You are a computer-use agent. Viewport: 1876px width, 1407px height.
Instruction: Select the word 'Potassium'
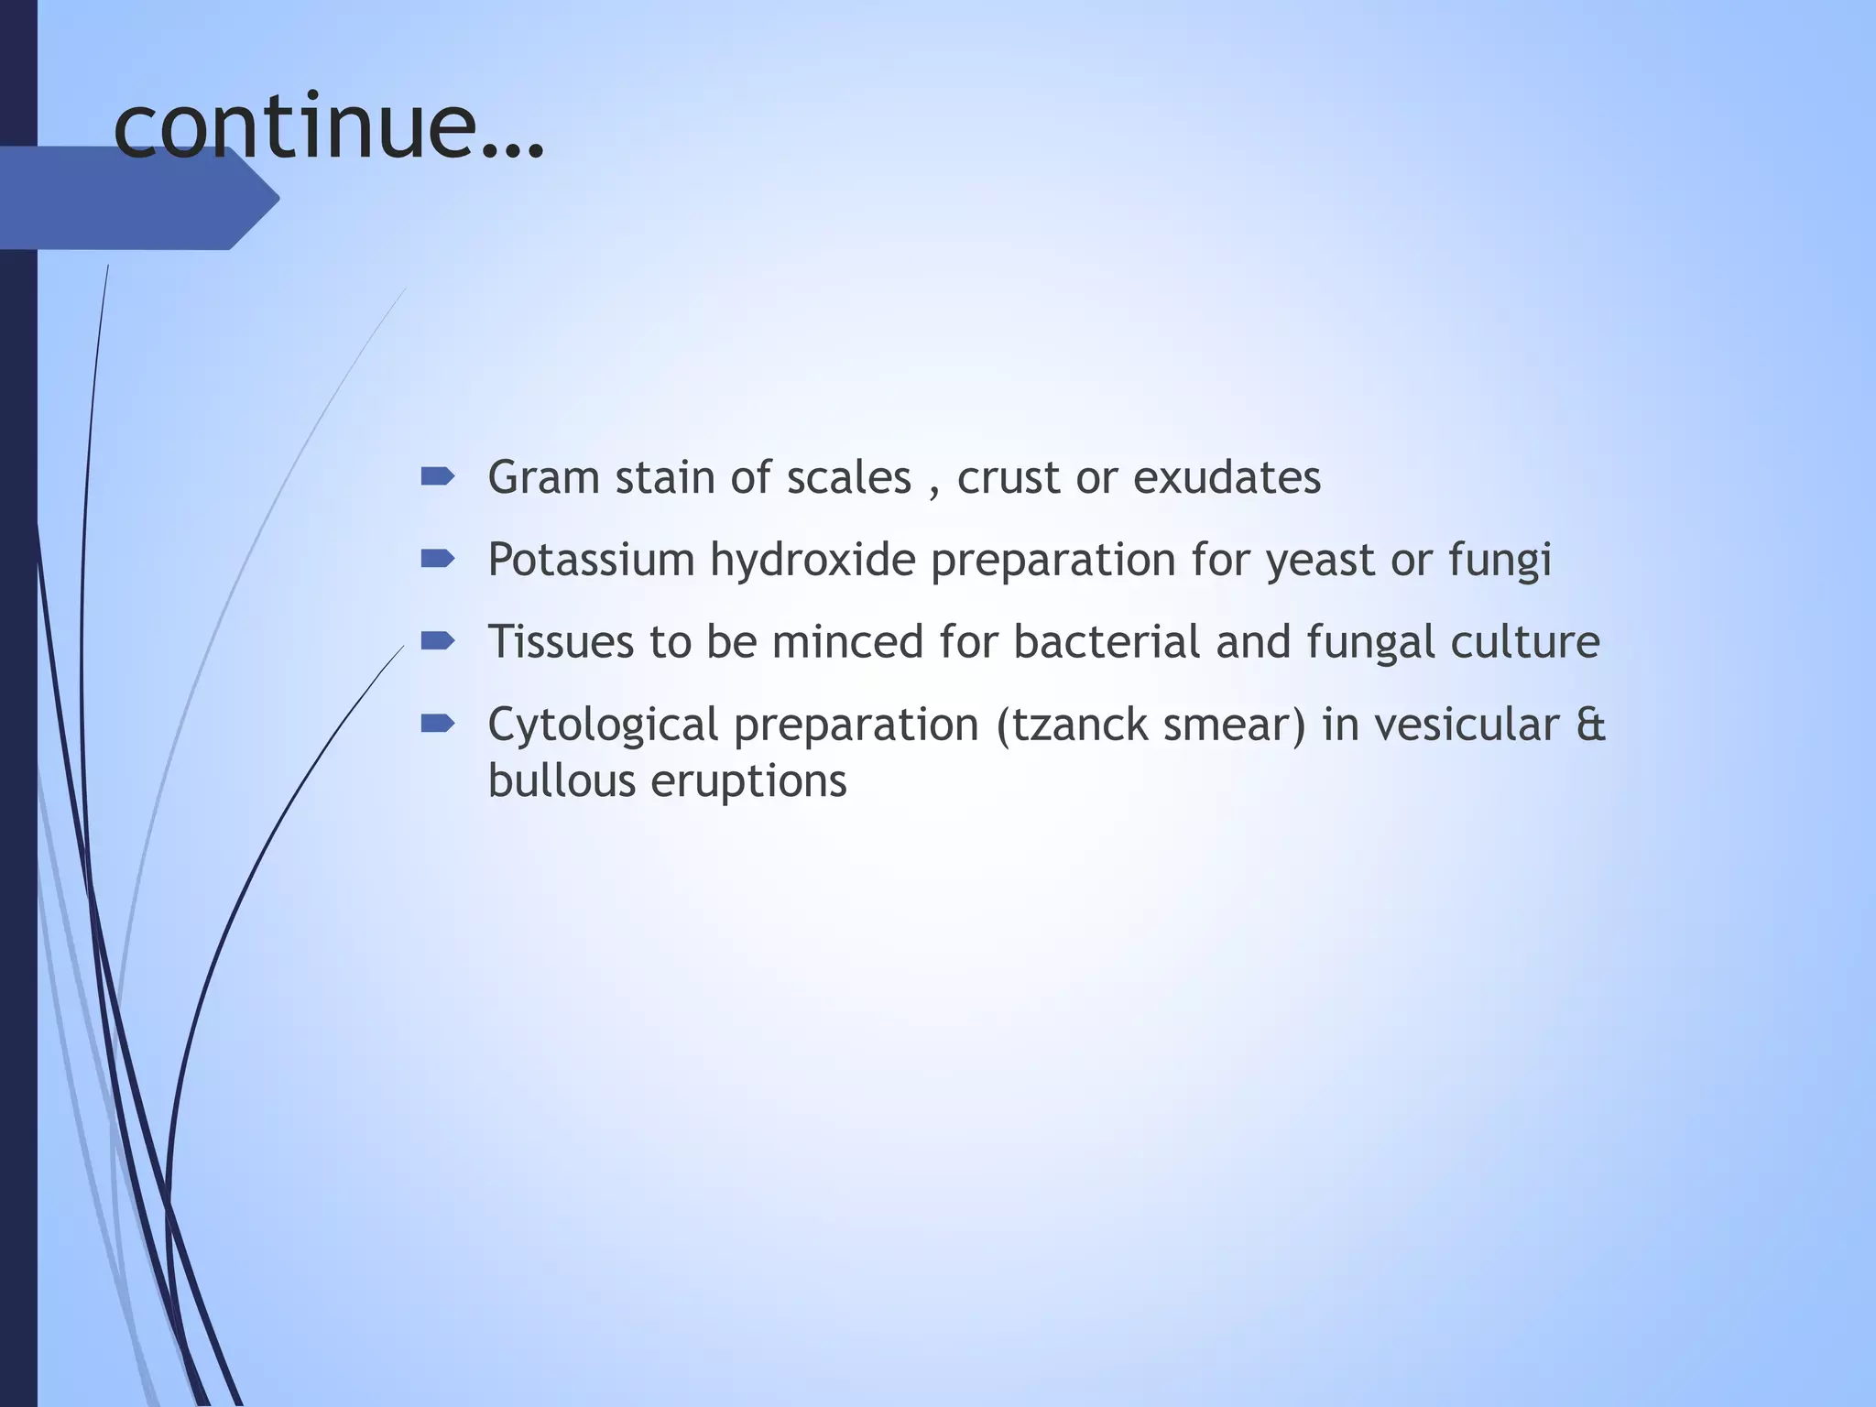pos(591,560)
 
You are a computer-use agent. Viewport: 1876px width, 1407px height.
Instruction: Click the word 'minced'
pos(847,641)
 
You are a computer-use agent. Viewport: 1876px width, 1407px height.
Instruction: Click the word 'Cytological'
pos(603,725)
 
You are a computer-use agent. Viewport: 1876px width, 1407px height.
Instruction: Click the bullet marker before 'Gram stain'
pos(437,476)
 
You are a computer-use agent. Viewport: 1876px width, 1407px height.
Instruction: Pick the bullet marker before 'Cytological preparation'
pos(437,725)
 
